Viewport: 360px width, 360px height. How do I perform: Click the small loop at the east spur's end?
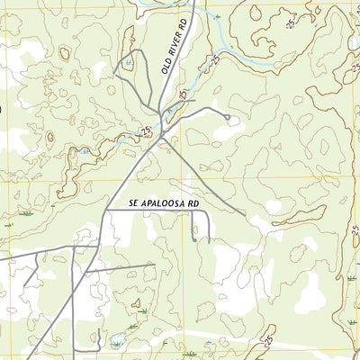point(229,117)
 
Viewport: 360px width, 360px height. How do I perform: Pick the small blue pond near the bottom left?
point(118,340)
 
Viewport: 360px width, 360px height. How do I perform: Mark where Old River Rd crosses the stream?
point(161,112)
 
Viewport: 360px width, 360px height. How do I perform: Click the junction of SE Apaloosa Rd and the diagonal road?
point(107,211)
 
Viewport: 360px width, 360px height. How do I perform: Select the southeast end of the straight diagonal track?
point(244,214)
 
